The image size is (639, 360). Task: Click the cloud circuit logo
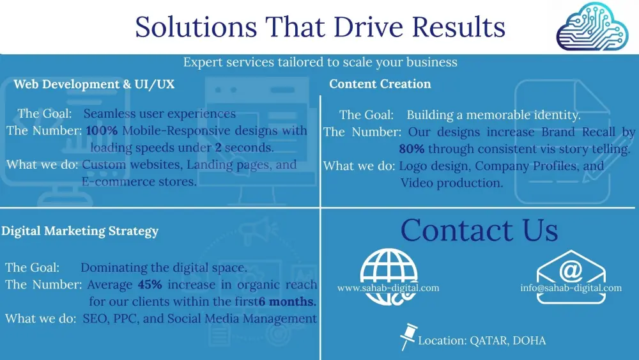coord(592,26)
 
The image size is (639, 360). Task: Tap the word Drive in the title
coord(368,27)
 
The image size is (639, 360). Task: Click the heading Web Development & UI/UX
coord(94,84)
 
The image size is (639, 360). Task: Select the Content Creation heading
coord(380,84)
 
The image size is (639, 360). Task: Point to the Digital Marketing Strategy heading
coord(80,231)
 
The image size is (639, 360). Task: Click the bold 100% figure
coord(102,130)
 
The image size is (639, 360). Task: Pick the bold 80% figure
coord(412,149)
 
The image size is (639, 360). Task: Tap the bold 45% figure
coord(150,284)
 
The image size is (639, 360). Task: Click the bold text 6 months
coord(288,301)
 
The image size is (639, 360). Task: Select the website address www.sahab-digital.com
coord(389,288)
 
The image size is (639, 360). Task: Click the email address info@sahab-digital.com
coord(571,288)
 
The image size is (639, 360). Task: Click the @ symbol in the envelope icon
coord(571,270)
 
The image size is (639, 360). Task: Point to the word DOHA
coord(529,340)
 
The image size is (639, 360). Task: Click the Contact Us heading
coord(479,230)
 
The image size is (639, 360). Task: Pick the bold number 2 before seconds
coord(219,147)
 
